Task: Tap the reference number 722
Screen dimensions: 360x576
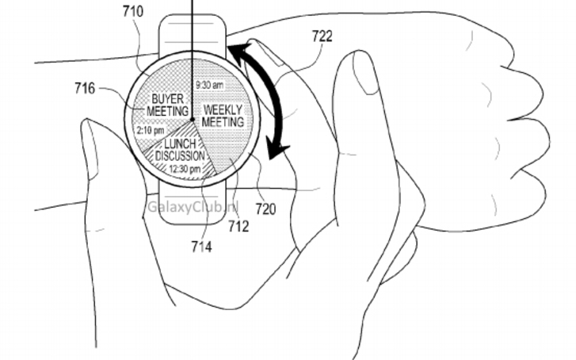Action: coord(322,36)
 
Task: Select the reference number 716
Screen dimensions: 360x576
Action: coord(85,88)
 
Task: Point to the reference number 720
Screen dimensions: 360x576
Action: coord(265,209)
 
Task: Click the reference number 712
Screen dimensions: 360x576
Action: coord(238,227)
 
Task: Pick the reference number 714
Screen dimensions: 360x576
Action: coord(201,247)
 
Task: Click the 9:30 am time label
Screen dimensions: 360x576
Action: coord(209,85)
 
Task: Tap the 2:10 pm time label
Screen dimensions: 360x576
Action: coord(151,129)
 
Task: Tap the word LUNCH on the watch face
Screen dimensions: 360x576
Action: coord(180,144)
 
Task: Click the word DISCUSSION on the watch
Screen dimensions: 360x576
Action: coord(179,156)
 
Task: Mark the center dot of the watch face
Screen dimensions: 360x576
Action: coord(193,121)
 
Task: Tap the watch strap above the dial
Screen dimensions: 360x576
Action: coord(194,32)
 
